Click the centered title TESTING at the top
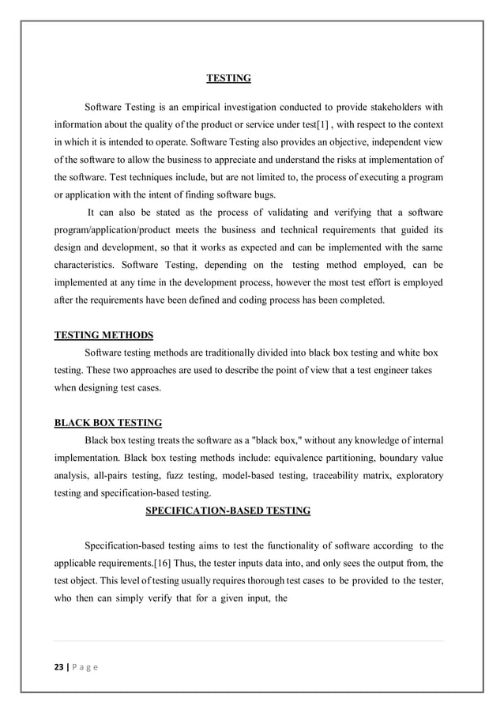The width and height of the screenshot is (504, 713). click(x=228, y=78)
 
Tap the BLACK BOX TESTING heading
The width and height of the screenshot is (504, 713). click(x=107, y=423)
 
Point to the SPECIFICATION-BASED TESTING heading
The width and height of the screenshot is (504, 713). click(x=228, y=511)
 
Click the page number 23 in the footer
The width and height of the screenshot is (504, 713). click(x=58, y=668)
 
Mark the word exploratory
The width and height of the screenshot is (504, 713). click(x=417, y=475)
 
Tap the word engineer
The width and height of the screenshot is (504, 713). click(x=389, y=370)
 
